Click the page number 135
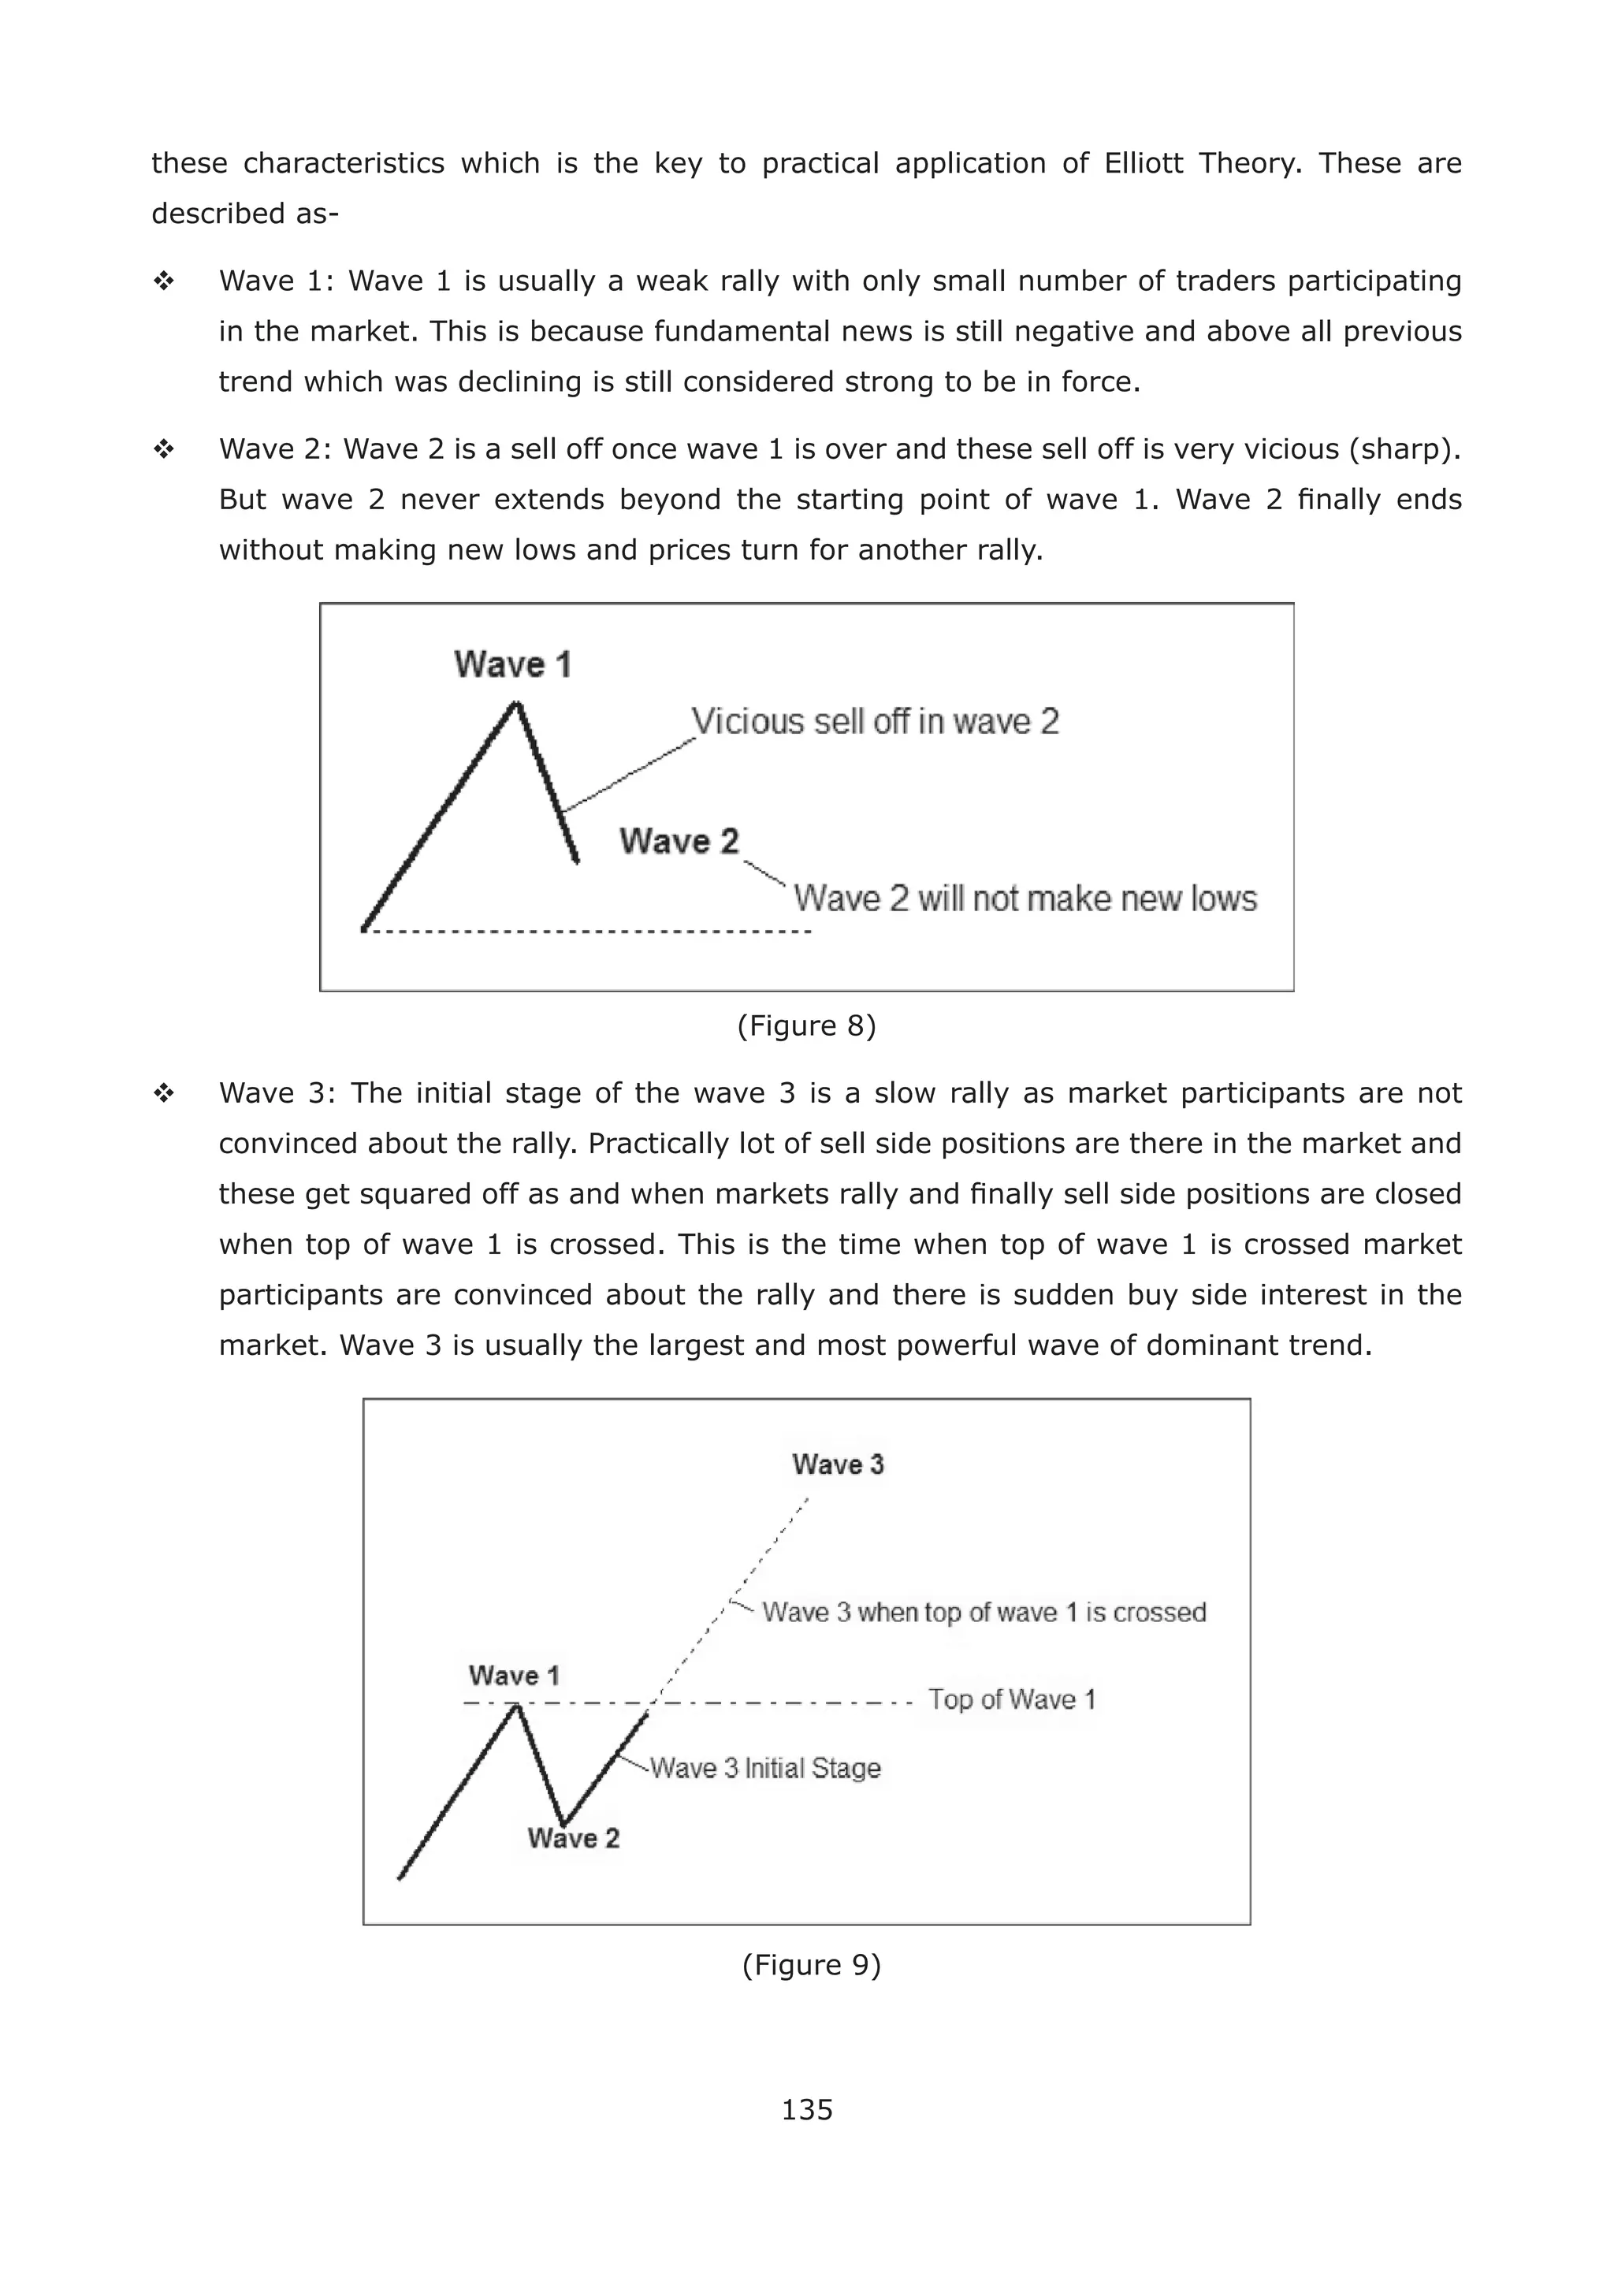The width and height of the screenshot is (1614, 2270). coord(806,2109)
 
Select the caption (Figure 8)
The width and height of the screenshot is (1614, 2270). coord(806,1025)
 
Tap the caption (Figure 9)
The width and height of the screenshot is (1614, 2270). coord(811,1964)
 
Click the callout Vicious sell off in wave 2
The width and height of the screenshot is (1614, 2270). coord(875,720)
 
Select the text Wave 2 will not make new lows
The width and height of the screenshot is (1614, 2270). coord(1025,899)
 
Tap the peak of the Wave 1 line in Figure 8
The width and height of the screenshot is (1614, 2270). coord(516,704)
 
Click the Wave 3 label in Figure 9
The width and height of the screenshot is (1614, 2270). coord(838,1464)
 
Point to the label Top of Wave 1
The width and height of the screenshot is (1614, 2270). coord(1012,1699)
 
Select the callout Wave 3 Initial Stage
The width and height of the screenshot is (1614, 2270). coord(765,1768)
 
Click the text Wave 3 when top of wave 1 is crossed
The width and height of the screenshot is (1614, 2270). coord(984,1612)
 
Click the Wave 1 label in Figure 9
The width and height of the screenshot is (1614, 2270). coord(514,1676)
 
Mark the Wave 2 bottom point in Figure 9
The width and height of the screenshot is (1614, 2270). coord(563,1824)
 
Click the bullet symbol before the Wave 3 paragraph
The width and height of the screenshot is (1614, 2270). coord(164,1093)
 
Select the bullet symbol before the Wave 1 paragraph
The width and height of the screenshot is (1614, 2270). coord(164,281)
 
